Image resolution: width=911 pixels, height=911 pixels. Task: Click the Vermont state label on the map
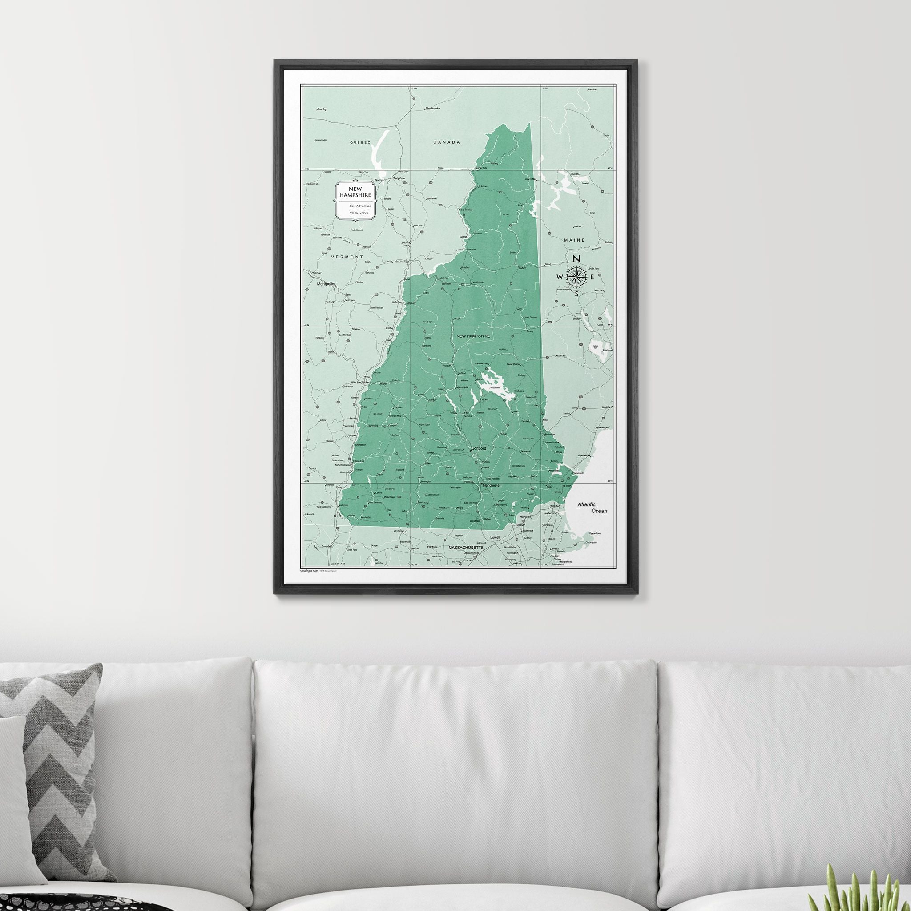pos(347,257)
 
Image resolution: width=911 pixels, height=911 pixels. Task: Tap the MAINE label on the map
pos(574,240)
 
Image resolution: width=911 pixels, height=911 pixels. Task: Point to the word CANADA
pos(446,142)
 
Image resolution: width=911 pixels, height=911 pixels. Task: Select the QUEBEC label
pos(360,142)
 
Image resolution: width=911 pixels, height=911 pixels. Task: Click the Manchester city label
pos(492,485)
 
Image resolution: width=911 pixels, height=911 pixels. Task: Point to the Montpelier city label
pos(327,284)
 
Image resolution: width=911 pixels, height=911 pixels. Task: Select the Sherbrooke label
pos(432,109)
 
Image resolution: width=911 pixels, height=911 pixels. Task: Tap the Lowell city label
pos(495,537)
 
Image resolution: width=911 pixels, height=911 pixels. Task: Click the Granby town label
pos(322,109)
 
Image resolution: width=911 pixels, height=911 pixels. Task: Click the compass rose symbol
pos(576,276)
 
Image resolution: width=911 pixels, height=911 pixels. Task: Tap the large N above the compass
pos(576,258)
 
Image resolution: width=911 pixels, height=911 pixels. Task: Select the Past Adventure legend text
pos(360,206)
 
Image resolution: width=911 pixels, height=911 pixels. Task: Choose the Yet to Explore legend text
pos(359,213)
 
